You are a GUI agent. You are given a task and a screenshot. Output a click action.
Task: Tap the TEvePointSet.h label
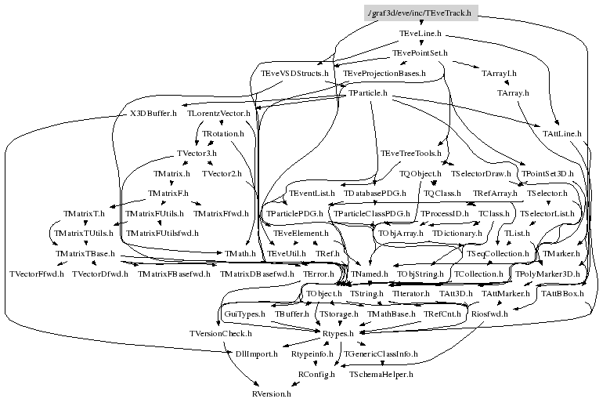[419, 53]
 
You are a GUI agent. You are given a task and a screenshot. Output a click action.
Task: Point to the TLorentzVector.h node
[219, 114]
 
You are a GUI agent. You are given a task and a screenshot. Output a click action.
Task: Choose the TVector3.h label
[197, 153]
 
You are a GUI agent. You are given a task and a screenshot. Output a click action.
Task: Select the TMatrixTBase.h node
[85, 254]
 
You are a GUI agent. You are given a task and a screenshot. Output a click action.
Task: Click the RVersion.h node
[271, 394]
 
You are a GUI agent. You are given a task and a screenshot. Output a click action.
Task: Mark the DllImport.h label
[256, 354]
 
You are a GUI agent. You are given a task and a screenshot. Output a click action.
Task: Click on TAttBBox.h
[563, 293]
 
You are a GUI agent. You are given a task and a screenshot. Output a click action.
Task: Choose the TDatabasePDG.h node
[376, 193]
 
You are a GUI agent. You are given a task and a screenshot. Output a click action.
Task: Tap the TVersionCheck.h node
[220, 334]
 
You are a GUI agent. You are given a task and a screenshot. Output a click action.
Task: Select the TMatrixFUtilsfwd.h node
[162, 233]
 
